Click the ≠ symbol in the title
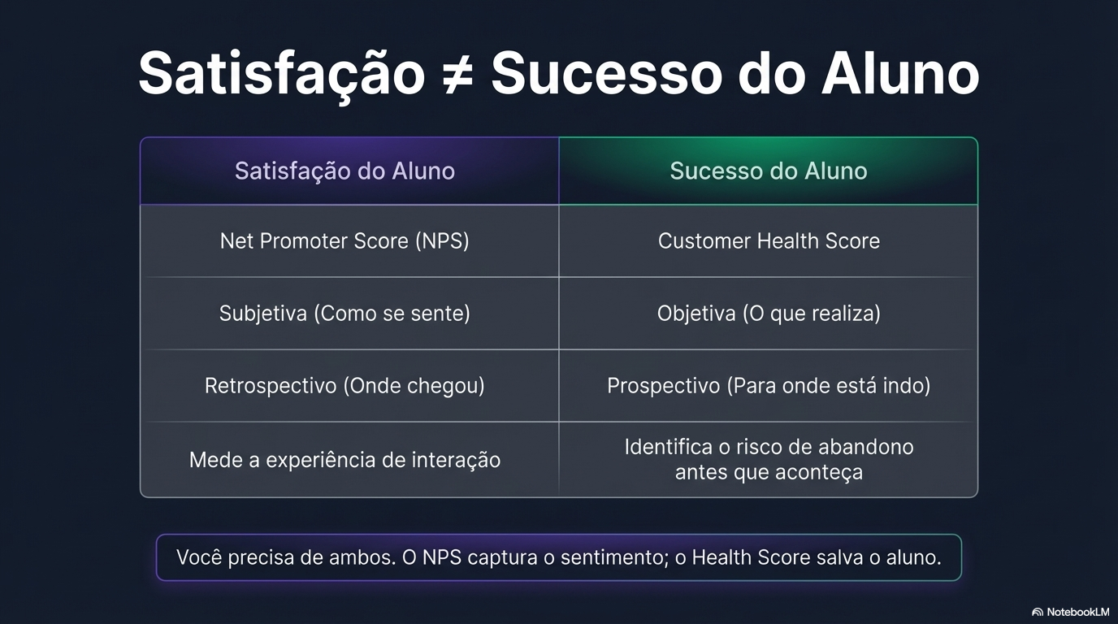click(x=457, y=75)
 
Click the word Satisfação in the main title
click(x=281, y=75)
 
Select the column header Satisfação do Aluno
click(x=344, y=171)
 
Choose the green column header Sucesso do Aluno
click(x=768, y=171)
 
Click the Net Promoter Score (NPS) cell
click(x=344, y=241)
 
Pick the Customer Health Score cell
click(x=769, y=241)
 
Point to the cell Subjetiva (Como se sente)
click(x=344, y=314)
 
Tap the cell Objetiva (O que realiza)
click(x=769, y=314)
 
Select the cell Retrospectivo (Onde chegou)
click(x=344, y=385)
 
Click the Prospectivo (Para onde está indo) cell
click(x=769, y=385)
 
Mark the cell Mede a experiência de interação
click(x=344, y=460)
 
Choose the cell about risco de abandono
click(x=769, y=459)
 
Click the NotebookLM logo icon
click(x=1038, y=612)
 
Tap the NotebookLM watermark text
click(x=1077, y=612)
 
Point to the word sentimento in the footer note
click(x=613, y=558)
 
